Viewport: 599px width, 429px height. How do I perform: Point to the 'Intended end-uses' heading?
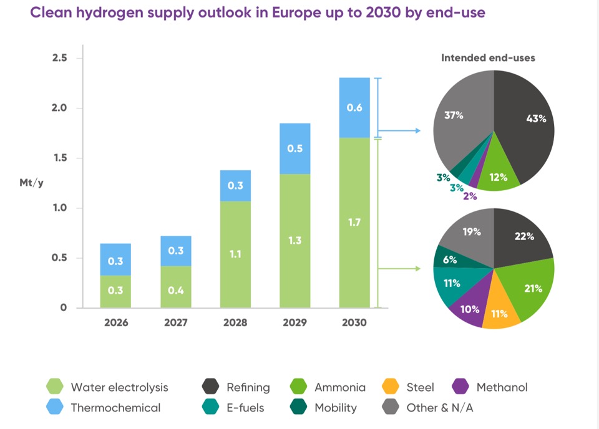[x=488, y=58]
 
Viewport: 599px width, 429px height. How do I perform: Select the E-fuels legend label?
[x=245, y=408]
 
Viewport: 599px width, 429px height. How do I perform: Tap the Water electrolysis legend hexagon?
[x=56, y=387]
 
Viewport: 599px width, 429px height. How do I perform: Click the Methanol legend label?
[x=502, y=387]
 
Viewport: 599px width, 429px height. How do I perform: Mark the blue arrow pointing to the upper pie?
[x=399, y=132]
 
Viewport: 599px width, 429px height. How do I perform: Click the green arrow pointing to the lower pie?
[x=399, y=269]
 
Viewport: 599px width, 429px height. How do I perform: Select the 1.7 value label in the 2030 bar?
[x=354, y=221]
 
